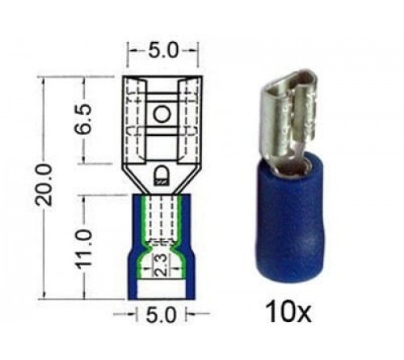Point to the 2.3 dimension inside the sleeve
162,265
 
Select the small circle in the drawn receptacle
161,115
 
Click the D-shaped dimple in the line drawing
161,172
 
